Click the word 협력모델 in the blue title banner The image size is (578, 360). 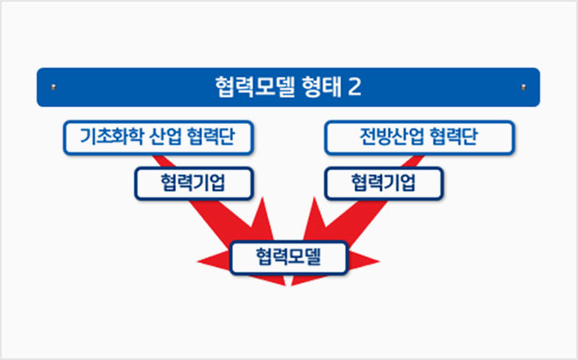click(x=255, y=87)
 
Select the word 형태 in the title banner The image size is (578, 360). click(x=321, y=87)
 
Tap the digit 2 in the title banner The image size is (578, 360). click(x=354, y=87)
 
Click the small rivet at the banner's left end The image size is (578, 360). click(x=54, y=87)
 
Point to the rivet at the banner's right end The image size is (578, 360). click(x=524, y=87)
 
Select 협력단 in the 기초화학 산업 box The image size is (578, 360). click(x=211, y=136)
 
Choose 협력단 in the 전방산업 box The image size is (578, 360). click(x=453, y=136)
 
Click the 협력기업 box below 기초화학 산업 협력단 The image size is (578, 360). click(x=194, y=183)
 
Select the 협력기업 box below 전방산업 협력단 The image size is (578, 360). click(x=384, y=183)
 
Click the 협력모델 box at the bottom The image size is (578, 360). click(x=289, y=257)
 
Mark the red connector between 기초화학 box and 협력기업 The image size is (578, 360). click(x=163, y=161)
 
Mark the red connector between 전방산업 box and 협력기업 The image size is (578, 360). click(x=413, y=161)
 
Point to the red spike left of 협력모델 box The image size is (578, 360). click(x=214, y=261)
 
